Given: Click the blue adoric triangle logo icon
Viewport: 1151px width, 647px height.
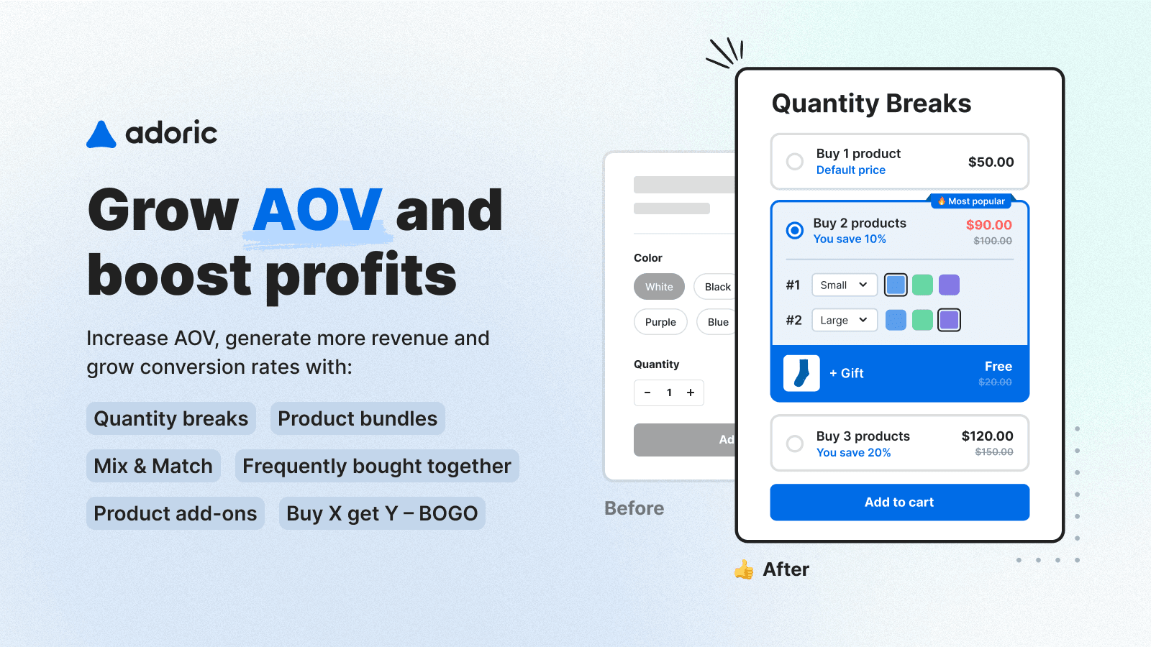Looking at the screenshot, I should [101, 135].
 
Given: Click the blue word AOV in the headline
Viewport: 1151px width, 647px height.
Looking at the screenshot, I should [317, 210].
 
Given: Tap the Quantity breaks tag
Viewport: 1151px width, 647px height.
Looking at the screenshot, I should [171, 418].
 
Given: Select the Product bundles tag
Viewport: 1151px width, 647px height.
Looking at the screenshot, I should [358, 418].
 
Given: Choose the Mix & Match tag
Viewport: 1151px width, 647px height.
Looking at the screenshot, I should [153, 466].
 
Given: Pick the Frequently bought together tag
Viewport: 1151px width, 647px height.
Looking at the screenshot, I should [377, 466].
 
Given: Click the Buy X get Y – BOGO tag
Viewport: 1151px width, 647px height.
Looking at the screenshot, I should [382, 513].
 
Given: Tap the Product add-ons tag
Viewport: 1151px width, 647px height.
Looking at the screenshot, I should [176, 513].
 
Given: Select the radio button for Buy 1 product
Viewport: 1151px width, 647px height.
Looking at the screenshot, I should [795, 162].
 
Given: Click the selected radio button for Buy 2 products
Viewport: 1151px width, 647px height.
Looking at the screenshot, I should [795, 230].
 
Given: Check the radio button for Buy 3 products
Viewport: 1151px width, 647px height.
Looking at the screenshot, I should [795, 444].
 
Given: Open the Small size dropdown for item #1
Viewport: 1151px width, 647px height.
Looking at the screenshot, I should [844, 285].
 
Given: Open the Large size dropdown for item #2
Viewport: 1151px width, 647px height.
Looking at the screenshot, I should [844, 320].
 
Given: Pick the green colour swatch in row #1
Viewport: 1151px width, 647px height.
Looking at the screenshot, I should [922, 285].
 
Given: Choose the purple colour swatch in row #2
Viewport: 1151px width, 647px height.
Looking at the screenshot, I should [949, 320].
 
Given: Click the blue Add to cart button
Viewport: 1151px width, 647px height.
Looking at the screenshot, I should [899, 502].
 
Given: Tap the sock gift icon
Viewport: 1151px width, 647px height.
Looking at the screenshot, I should [801, 373].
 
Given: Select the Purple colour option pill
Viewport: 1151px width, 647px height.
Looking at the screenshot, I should [660, 322].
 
